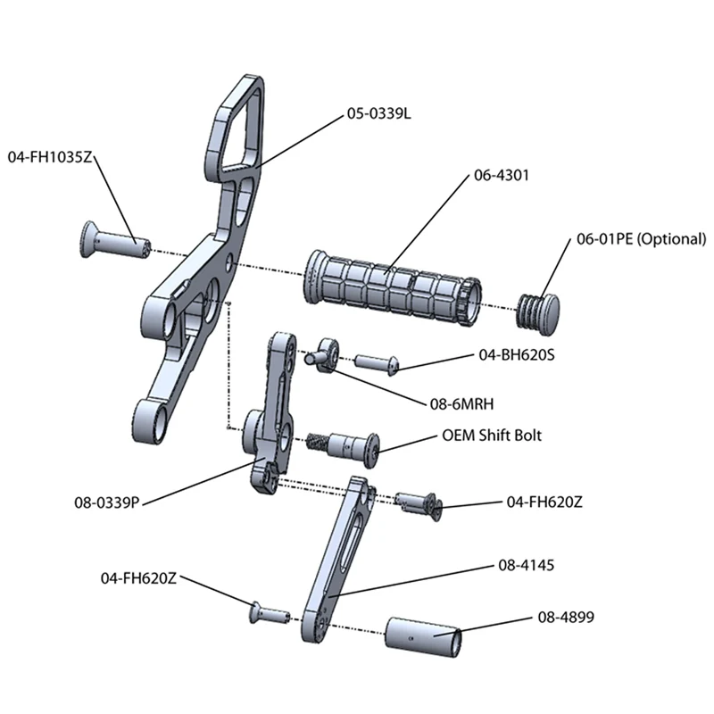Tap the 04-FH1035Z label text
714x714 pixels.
[50, 156]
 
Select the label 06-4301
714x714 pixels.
[501, 176]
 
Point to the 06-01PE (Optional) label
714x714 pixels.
[641, 239]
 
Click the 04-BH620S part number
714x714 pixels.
[517, 354]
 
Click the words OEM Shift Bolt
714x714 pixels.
[492, 436]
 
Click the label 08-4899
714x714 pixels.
[566, 616]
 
